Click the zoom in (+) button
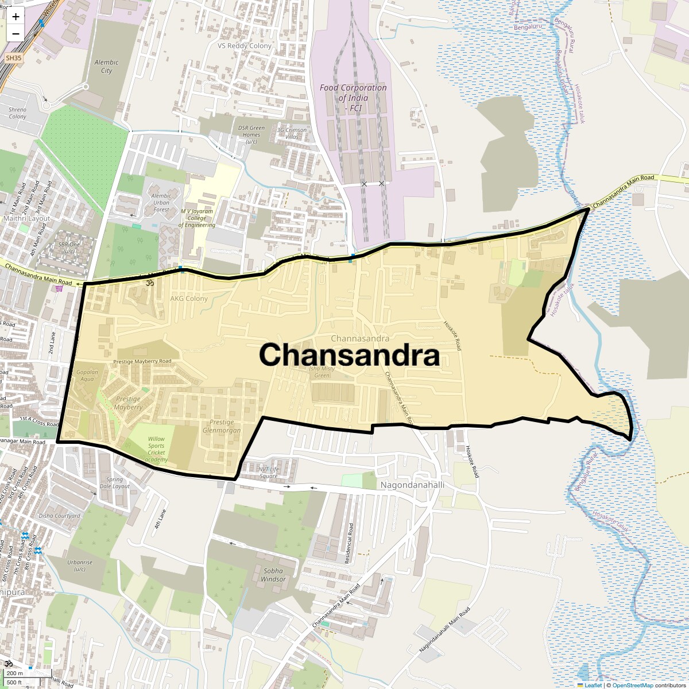pos(16,17)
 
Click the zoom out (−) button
pos(16,33)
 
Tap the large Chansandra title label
pos(349,355)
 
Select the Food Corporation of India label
pos(353,98)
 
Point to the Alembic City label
pos(106,66)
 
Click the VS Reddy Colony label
pos(245,46)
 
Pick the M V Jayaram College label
pos(197,218)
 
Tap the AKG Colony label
pos(189,299)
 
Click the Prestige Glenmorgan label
pos(222,426)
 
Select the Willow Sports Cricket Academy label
pos(156,449)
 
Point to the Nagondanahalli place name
pos(412,485)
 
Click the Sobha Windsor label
pos(273,575)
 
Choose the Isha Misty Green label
pos(322,372)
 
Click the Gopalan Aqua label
pos(87,375)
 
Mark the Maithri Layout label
pos(27,218)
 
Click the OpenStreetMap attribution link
pos(632,685)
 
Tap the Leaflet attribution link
pos(593,685)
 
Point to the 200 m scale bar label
pos(16,673)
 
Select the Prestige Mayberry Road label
pos(142,361)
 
